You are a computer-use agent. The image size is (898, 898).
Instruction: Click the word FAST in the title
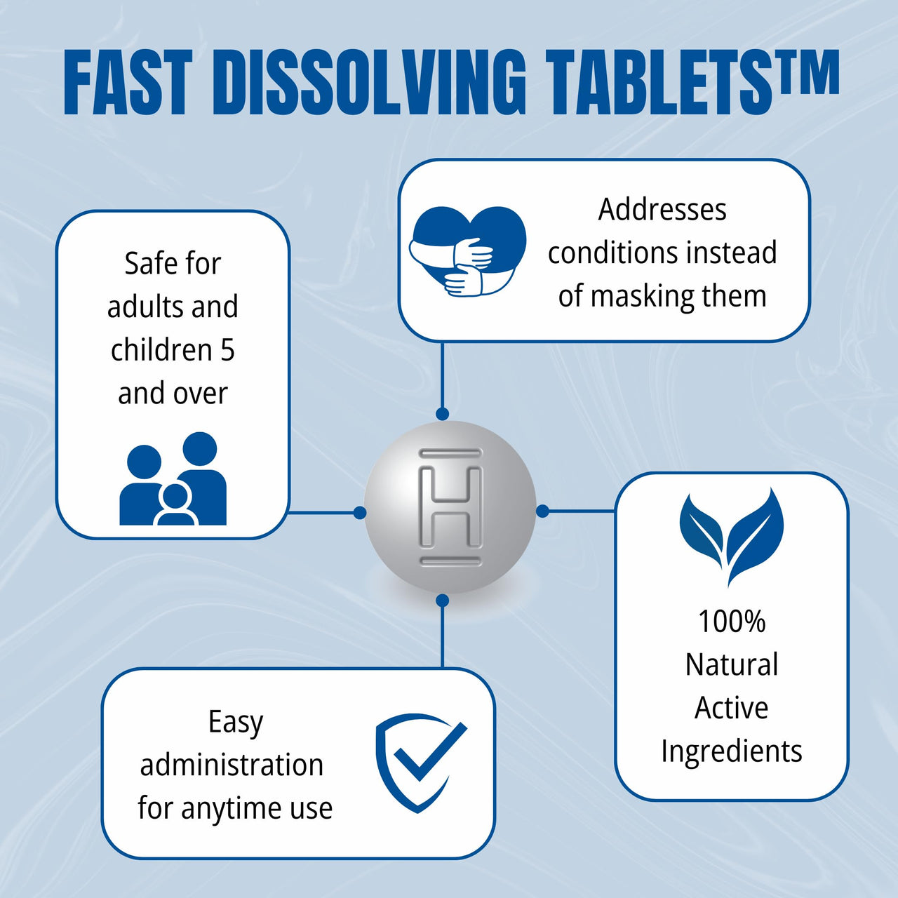[x=128, y=83]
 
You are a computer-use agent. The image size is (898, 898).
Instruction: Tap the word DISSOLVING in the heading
[x=368, y=83]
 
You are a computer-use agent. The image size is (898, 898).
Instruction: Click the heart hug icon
[x=467, y=251]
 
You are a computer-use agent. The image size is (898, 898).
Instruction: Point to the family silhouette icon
[x=173, y=478]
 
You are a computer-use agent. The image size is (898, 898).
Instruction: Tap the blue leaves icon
[x=731, y=537]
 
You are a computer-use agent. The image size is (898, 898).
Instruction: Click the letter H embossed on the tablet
[x=450, y=507]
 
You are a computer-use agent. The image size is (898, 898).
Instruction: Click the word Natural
[x=732, y=664]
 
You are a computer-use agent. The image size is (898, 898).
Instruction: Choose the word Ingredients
[x=732, y=751]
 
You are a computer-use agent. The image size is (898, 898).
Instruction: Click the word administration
[x=232, y=765]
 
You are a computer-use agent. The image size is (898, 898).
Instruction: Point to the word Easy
[x=236, y=723]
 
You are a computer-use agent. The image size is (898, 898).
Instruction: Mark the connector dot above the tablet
[x=442, y=413]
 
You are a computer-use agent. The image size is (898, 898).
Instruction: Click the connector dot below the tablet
[x=443, y=601]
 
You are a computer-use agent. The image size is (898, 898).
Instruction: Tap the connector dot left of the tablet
[x=360, y=513]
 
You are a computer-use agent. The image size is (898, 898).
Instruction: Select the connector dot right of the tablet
[x=542, y=511]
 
